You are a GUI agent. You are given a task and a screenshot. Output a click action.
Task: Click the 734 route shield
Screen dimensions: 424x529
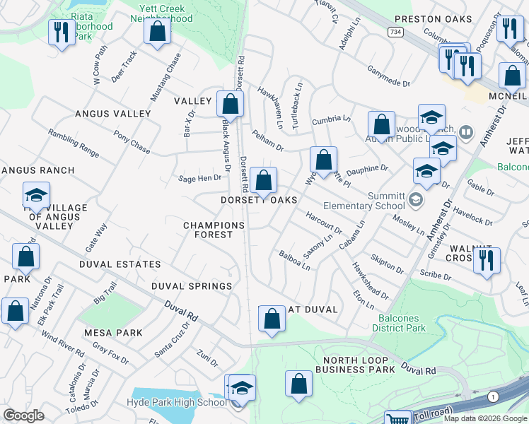click(395, 32)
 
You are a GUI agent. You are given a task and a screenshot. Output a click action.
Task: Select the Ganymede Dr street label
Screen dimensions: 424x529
click(388, 78)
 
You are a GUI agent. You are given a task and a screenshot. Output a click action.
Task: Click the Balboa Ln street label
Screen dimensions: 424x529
click(294, 260)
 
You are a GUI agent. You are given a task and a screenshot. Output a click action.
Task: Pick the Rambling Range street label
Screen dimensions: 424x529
click(73, 142)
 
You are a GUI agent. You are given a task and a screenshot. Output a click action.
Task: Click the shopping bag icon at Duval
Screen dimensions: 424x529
click(272, 319)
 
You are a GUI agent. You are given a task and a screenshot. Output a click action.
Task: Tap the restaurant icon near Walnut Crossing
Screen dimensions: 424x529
click(487, 261)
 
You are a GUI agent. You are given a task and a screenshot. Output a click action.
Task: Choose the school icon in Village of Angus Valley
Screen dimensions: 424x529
click(36, 196)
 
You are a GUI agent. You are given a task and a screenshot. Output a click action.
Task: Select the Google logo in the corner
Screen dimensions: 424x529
click(23, 416)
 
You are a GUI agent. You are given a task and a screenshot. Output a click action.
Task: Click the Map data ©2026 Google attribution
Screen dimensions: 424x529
click(484, 418)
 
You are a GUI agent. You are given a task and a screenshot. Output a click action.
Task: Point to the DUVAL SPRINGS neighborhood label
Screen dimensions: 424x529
click(191, 286)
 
